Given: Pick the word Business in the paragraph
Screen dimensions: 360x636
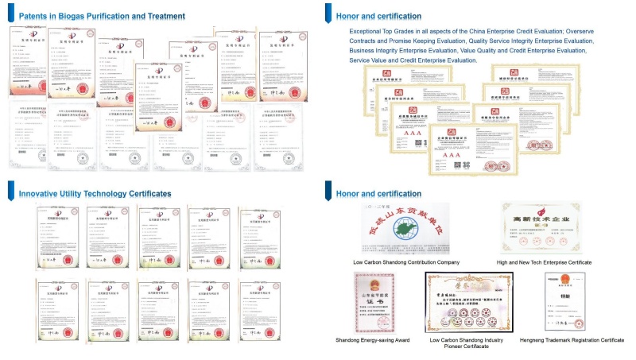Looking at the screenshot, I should point(364,50).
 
